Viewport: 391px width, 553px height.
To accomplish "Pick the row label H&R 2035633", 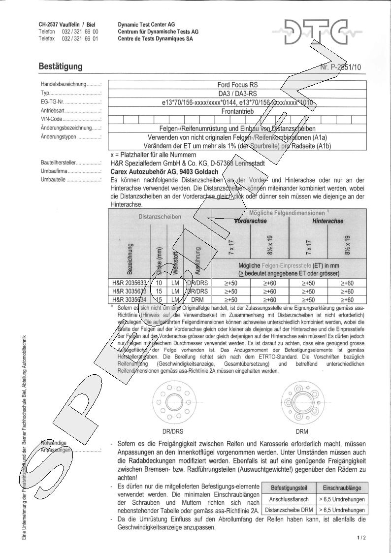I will [x=130, y=284].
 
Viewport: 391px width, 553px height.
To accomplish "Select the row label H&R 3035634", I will [x=130, y=299].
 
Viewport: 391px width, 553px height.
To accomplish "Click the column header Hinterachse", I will [x=327, y=221].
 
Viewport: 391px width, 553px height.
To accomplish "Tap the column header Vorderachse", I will [x=251, y=221].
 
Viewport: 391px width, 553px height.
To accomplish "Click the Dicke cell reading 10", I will [x=159, y=284].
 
